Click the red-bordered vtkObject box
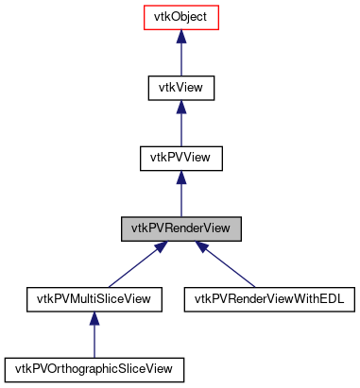pos(181,17)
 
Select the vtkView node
pos(181,88)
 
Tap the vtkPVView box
pos(181,158)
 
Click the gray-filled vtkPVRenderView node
pos(181,228)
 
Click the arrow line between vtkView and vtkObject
pos(181,59)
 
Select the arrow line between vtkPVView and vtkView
pos(181,128)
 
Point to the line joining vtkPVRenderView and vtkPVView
pos(181,198)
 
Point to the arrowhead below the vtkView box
pos(181,107)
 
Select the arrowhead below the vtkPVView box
pos(181,177)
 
